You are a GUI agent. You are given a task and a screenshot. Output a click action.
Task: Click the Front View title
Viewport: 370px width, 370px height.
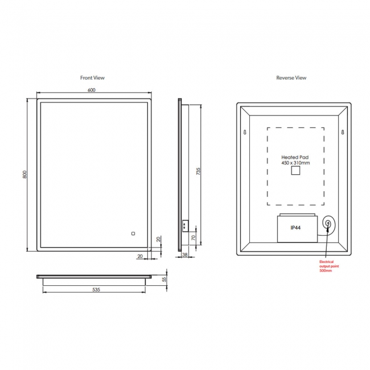pyautogui.click(x=92, y=77)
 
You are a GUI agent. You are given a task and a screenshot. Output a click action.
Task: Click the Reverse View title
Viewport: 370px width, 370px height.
pyautogui.click(x=291, y=77)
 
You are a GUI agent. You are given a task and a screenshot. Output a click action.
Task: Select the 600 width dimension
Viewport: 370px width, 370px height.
pyautogui.click(x=92, y=90)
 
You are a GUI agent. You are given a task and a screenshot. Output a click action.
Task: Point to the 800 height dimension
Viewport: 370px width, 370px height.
pyautogui.click(x=25, y=174)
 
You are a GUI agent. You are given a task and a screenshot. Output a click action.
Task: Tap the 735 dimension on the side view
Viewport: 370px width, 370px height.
pyautogui.click(x=198, y=171)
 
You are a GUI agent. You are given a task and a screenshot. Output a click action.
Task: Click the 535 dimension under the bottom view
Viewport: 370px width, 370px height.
pyautogui.click(x=96, y=289)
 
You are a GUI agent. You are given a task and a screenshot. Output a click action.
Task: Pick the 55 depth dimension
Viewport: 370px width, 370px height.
pyautogui.click(x=165, y=279)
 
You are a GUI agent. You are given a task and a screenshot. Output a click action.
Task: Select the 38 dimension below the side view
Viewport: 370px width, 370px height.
pyautogui.click(x=185, y=254)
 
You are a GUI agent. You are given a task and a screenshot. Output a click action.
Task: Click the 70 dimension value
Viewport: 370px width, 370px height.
pyautogui.click(x=194, y=237)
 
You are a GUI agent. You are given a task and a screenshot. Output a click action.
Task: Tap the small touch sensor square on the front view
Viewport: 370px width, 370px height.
pyautogui.click(x=133, y=233)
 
